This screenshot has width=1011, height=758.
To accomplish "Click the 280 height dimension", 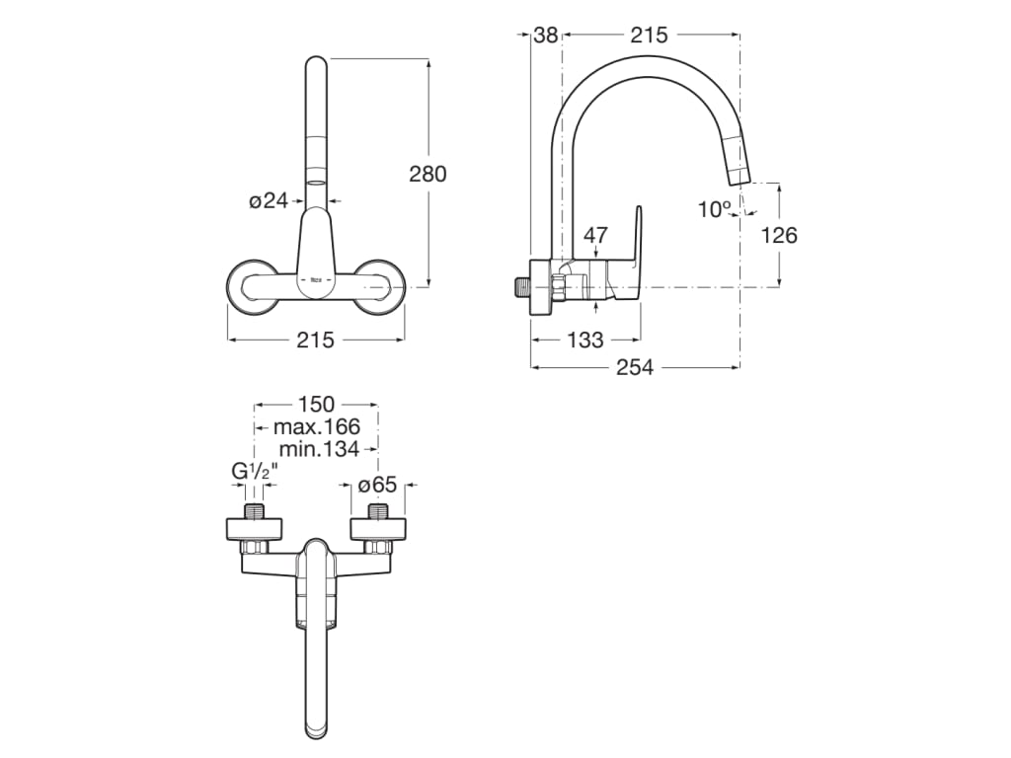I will (428, 174).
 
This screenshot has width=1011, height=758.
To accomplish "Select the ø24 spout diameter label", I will (268, 200).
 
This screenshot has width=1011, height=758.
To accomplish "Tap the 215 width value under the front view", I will (315, 340).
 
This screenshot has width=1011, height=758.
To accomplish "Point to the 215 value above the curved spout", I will (649, 35).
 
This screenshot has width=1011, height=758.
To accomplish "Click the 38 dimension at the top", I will (545, 35).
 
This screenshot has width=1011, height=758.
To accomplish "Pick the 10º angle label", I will (714, 209).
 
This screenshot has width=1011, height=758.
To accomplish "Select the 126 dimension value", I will (779, 235).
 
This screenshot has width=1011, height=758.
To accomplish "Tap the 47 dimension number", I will (596, 235).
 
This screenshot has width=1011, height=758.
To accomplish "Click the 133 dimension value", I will (584, 341).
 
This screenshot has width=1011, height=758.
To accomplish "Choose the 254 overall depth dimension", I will (635, 367).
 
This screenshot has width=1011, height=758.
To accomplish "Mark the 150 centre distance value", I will (316, 405).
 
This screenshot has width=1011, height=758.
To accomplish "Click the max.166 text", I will (316, 426).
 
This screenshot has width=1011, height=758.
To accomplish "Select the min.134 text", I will (316, 449).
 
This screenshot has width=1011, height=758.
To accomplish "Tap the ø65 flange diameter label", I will (377, 485).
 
